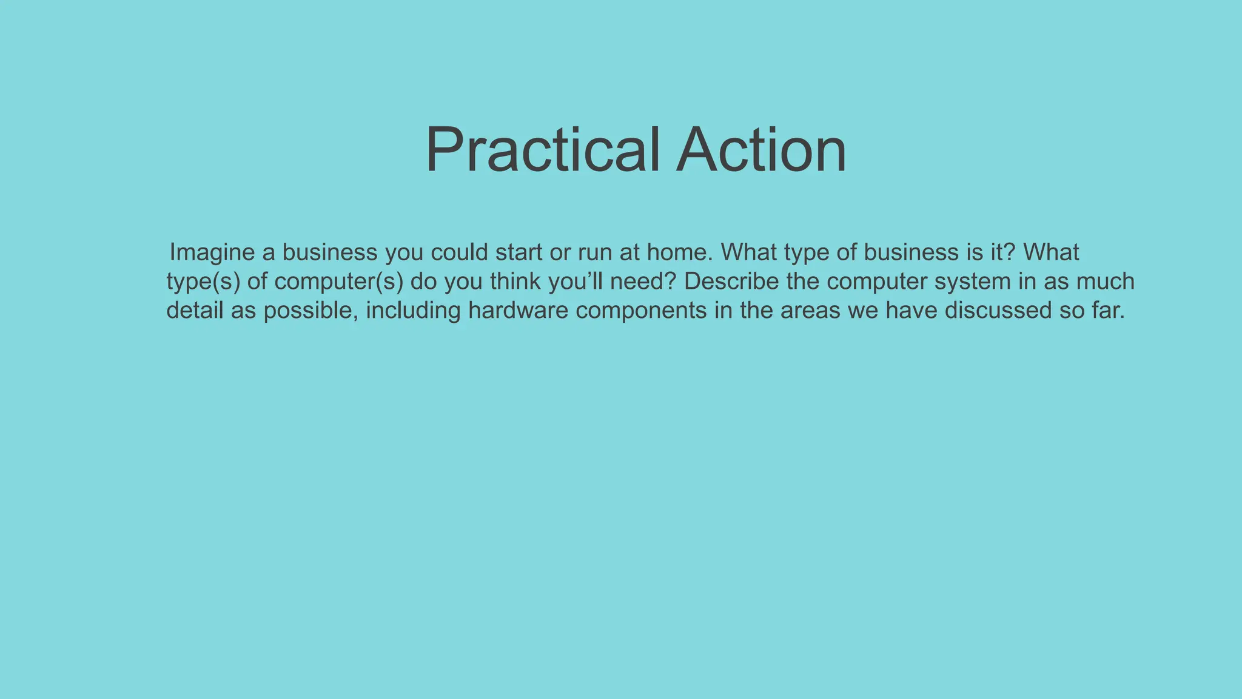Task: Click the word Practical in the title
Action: tap(542, 149)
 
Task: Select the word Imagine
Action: tap(212, 252)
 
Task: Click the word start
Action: tap(519, 252)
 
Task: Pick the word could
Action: tap(459, 252)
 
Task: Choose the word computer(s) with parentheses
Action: tap(338, 282)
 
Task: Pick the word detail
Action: tap(195, 310)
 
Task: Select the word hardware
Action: tap(519, 310)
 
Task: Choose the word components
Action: tap(641, 311)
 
